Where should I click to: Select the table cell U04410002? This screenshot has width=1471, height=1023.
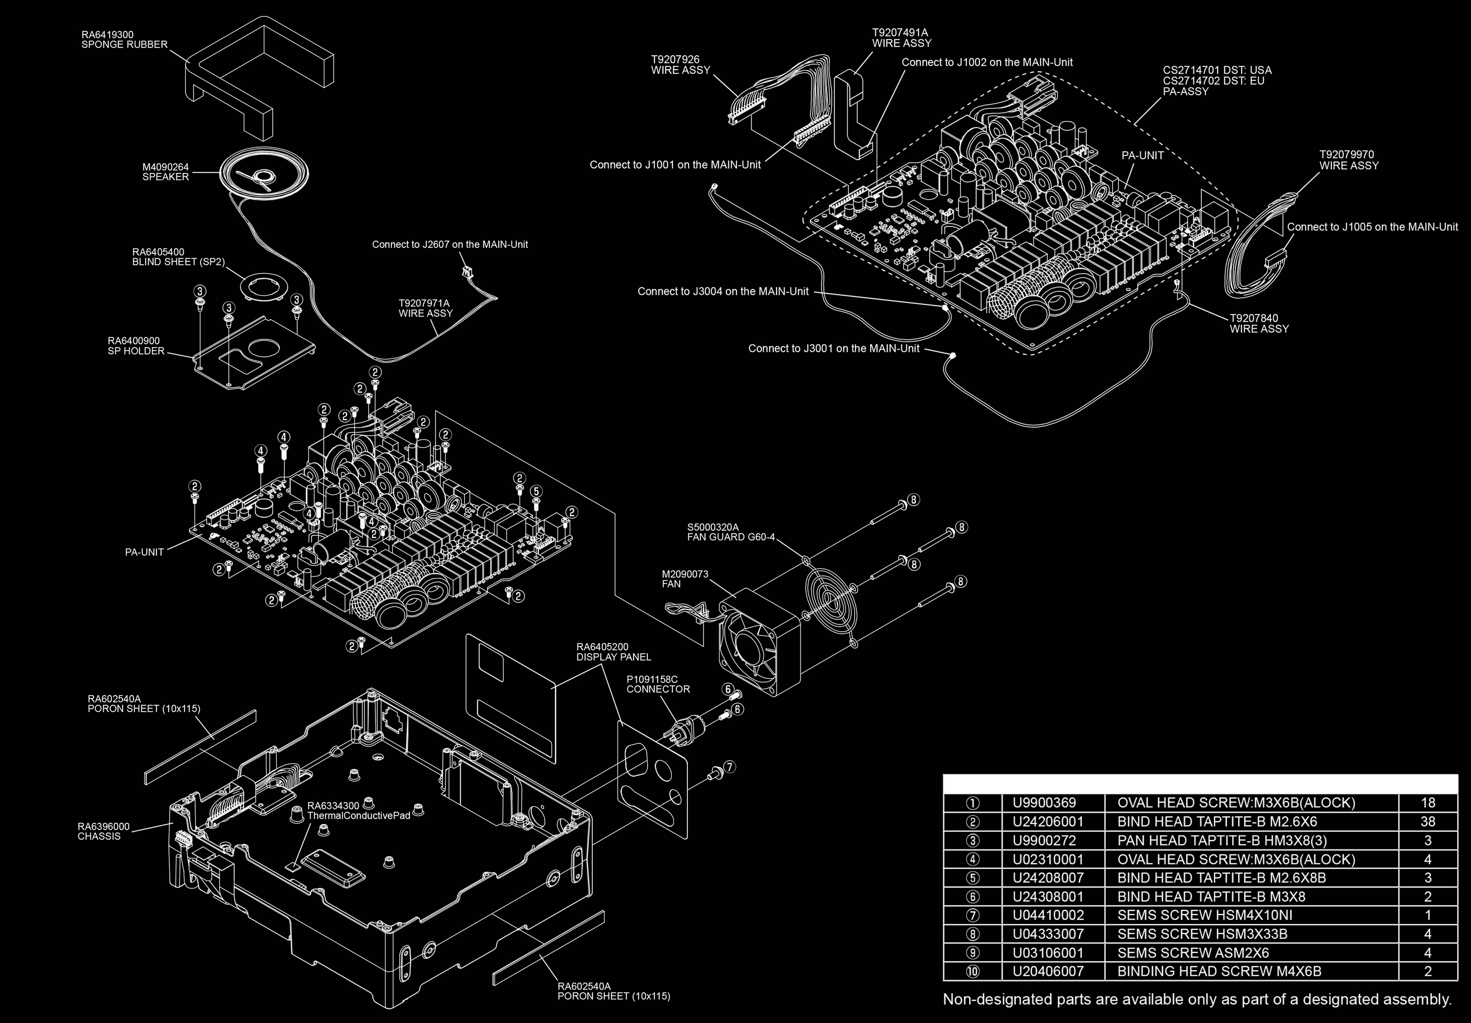(x=1048, y=915)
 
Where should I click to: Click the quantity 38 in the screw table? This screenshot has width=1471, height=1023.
(x=1427, y=821)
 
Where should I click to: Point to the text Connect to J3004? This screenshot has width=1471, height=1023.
(x=723, y=291)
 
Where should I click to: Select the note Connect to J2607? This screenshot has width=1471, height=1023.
(x=450, y=245)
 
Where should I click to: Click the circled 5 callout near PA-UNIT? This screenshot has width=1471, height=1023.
(x=536, y=491)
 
